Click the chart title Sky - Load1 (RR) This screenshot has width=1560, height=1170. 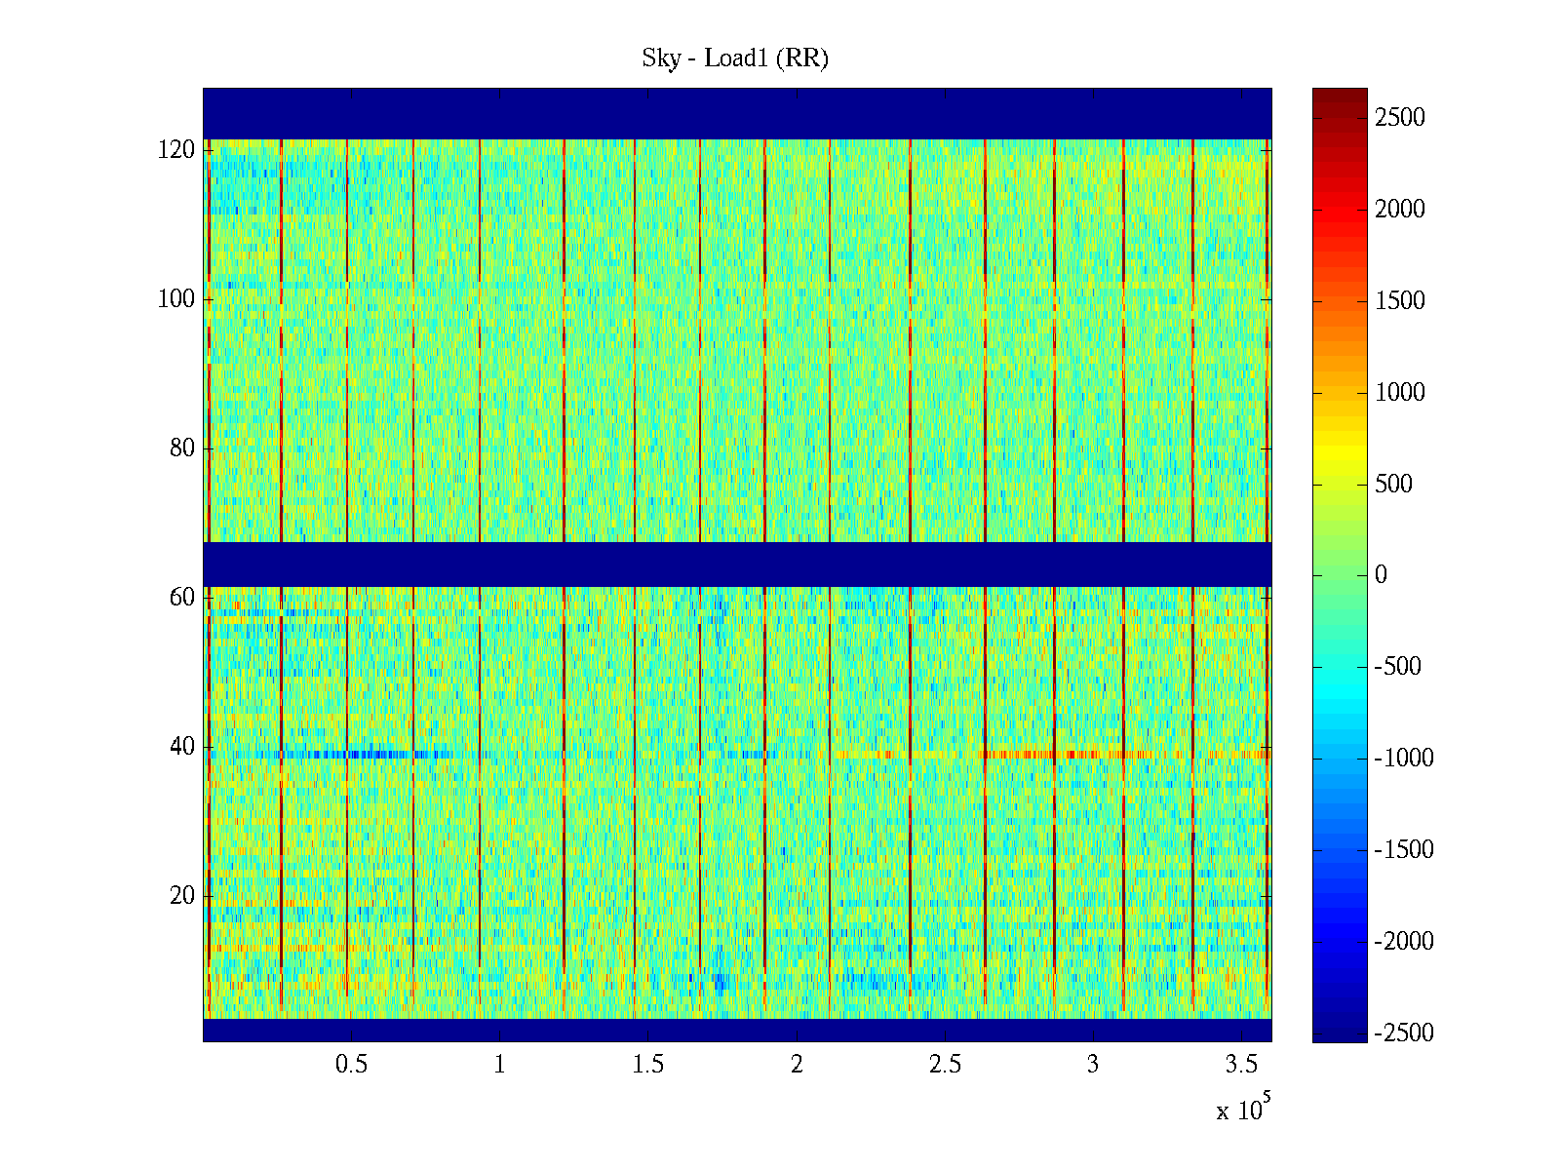coord(735,58)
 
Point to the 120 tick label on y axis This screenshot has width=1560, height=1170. coord(176,150)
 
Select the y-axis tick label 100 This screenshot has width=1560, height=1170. coord(176,299)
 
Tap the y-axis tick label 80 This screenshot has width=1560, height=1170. coord(182,448)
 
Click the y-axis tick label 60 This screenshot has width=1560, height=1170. coord(182,598)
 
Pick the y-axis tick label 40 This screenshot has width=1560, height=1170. coord(182,747)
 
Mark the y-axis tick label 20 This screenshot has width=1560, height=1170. coord(182,896)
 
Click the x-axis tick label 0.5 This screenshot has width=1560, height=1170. coord(351,1065)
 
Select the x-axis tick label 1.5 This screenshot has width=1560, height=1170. coord(648,1065)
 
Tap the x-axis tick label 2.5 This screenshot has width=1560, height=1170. coord(945,1065)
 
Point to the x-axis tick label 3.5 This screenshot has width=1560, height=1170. coord(1242,1065)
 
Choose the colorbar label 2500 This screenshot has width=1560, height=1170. coord(1400,118)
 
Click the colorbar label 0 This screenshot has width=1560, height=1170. coord(1381,575)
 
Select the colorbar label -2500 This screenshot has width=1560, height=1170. coord(1404,1033)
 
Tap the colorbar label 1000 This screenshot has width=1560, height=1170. coord(1400,393)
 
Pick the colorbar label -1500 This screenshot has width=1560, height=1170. coord(1404,850)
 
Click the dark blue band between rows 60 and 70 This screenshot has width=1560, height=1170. coord(737,564)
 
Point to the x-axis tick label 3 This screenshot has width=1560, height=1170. coord(1093,1065)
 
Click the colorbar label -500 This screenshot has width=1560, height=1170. coord(1398,667)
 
